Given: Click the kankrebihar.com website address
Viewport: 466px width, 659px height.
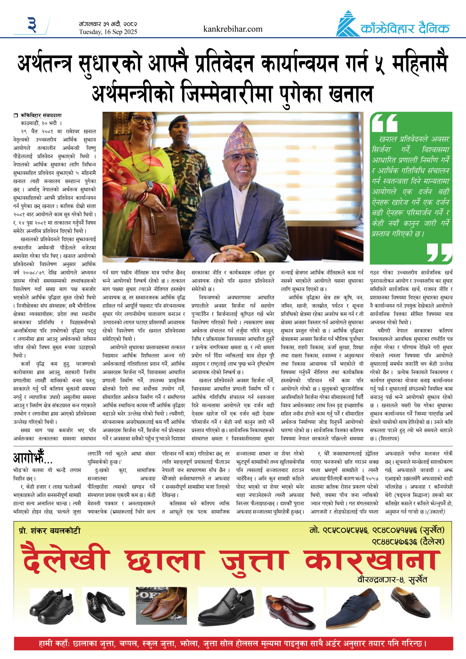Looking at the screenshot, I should [x=232, y=29].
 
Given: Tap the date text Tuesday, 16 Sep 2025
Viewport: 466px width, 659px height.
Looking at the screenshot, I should [x=108, y=32].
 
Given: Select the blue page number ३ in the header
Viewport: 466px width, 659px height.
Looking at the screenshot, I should [x=32, y=25].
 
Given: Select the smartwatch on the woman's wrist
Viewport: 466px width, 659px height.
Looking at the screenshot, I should [x=150, y=185].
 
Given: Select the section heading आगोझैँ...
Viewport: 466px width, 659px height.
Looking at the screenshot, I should [x=32, y=458].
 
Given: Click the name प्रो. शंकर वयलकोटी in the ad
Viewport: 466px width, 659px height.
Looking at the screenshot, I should [x=50, y=531].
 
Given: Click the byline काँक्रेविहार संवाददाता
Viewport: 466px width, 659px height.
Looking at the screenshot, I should [x=41, y=115].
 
